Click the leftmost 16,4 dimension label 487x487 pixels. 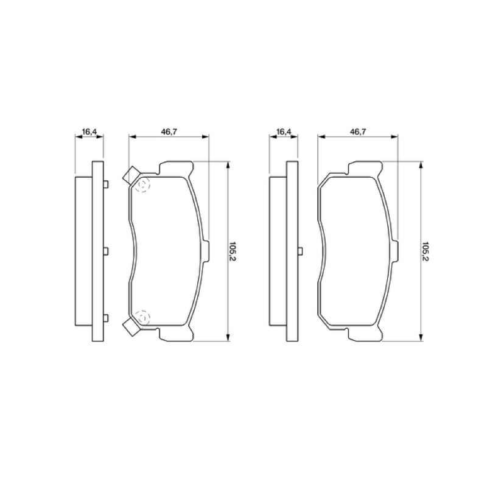89,131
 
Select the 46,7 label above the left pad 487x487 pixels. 169,131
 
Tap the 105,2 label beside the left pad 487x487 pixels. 232,251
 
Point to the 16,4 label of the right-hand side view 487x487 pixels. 284,131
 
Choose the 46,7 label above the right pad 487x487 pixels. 358,131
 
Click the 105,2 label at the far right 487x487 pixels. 425,251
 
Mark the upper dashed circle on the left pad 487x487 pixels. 143,185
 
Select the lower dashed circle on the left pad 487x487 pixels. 143,317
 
